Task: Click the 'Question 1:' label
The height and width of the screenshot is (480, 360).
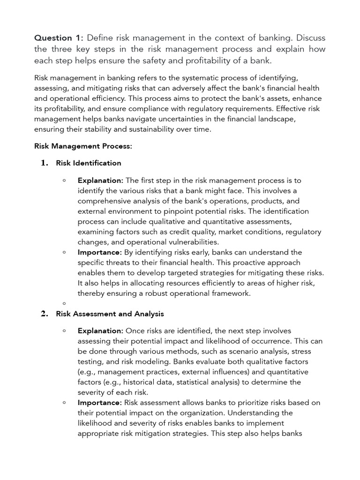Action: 59,37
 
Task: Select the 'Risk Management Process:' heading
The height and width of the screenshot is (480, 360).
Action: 83,146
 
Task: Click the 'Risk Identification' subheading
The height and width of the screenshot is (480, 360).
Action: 89,163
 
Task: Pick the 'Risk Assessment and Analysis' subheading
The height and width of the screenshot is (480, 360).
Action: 110,314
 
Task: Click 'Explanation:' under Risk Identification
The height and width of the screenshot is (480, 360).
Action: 100,180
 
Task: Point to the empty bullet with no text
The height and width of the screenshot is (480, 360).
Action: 64,303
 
